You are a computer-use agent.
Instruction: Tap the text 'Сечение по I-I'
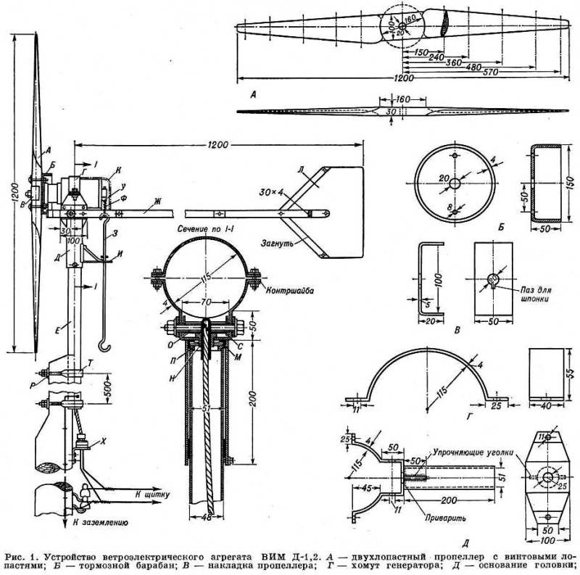(x=209, y=228)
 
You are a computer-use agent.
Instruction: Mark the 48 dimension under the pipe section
(x=208, y=518)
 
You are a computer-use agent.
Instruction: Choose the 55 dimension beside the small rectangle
(x=569, y=373)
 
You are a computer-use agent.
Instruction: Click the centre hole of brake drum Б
(x=454, y=183)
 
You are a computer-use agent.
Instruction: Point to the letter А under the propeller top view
(x=251, y=94)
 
